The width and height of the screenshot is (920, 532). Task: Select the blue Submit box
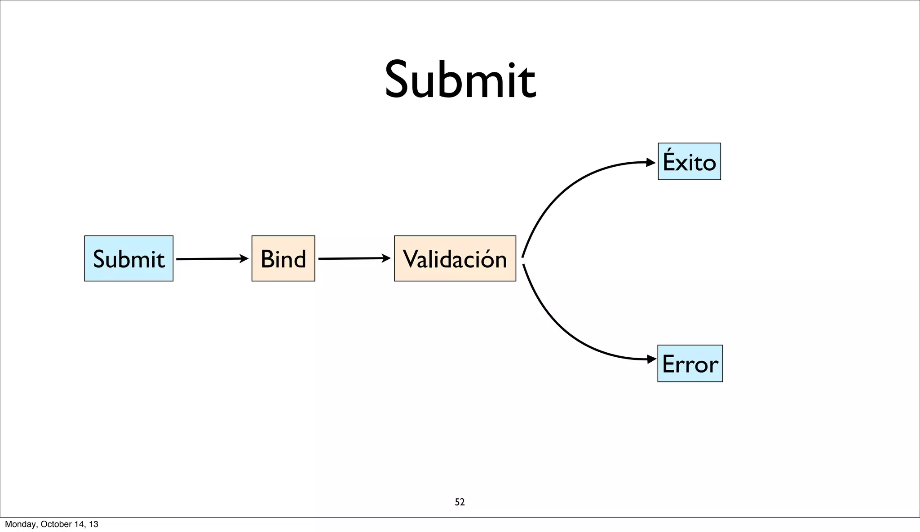(129, 259)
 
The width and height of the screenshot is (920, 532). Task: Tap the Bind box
(283, 259)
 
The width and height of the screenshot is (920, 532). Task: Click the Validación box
(455, 259)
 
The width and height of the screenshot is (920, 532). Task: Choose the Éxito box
(689, 162)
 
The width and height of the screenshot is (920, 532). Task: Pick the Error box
(690, 364)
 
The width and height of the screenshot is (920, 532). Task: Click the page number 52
(460, 502)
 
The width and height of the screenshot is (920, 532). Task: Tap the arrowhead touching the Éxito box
(650, 162)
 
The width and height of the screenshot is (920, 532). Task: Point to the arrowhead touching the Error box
(651, 359)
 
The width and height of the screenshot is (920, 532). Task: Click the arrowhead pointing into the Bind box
(244, 258)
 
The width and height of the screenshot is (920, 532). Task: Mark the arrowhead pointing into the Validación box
(386, 258)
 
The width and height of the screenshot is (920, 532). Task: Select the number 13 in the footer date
(93, 524)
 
